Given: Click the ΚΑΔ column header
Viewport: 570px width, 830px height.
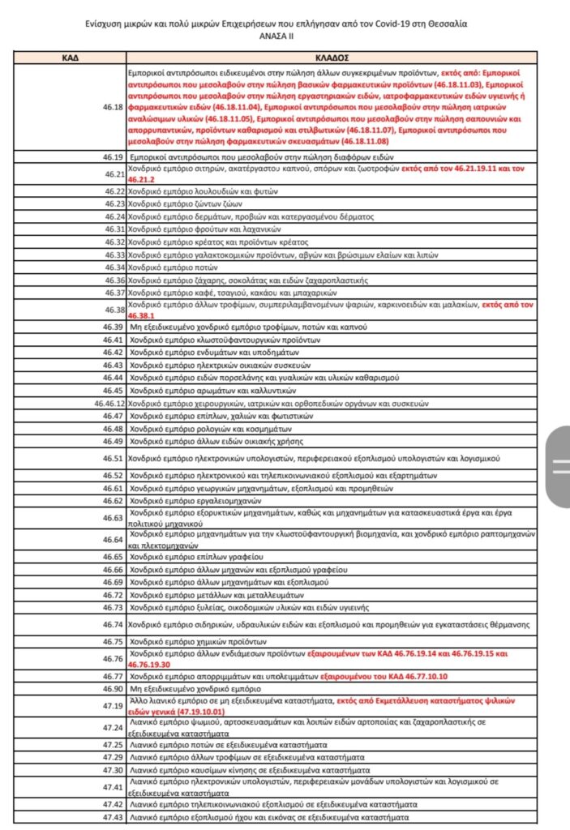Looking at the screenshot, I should [x=70, y=58].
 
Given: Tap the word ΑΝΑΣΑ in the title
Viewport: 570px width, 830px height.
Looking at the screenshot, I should [x=272, y=36].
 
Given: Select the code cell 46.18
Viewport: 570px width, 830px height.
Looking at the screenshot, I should [x=112, y=107].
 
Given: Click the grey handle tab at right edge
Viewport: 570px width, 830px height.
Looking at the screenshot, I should [x=559, y=465].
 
